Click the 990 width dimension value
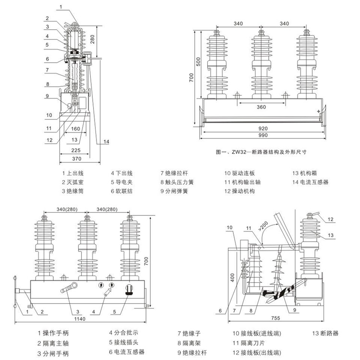[263, 135]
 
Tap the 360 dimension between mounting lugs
[261, 107]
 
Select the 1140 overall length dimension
[80, 319]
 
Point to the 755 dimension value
[276, 318]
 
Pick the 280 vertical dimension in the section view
[92, 39]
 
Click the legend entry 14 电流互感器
[310, 182]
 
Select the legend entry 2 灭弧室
[72, 182]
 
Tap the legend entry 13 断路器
[325, 333]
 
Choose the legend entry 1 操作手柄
[53, 333]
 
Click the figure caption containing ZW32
[261, 152]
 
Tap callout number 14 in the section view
[106, 142]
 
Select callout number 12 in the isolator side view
[330, 219]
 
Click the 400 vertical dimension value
[232, 277]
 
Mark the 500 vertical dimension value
[198, 61]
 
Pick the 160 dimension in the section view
[75, 129]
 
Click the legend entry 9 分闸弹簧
[174, 191]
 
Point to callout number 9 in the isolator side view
[295, 310]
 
